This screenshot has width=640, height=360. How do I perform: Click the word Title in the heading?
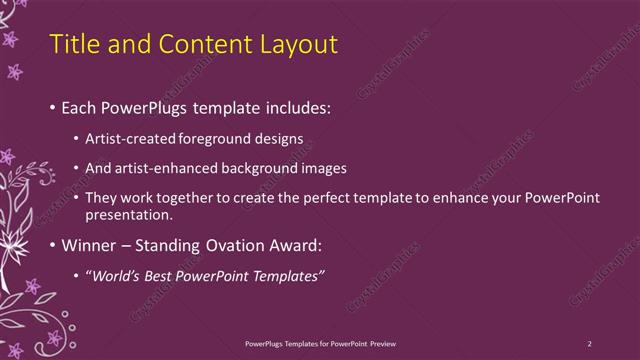click(x=72, y=44)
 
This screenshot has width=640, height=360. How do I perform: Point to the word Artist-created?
click(x=134, y=138)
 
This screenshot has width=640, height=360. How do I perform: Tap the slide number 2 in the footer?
click(x=589, y=343)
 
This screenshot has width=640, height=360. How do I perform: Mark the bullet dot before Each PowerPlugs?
click(x=52, y=106)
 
